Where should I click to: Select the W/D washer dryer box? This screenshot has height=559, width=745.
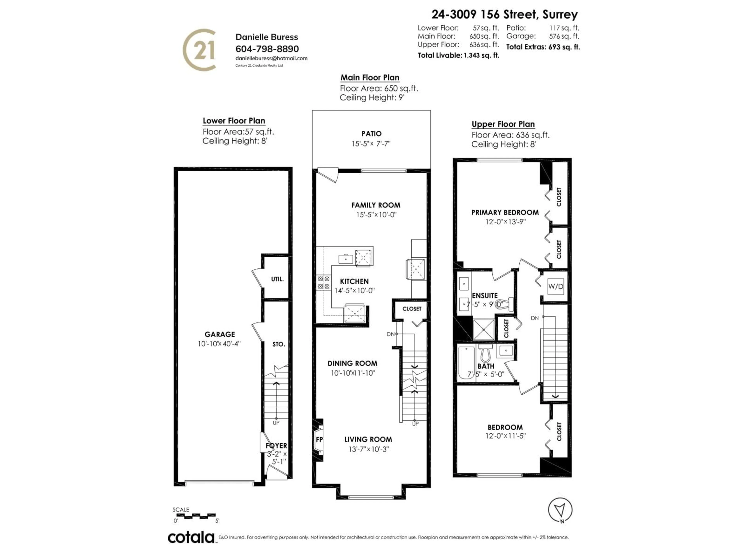click(x=555, y=286)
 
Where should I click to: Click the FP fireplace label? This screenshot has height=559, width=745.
click(x=319, y=439)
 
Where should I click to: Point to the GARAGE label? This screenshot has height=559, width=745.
click(x=220, y=334)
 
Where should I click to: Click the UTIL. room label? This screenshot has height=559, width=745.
click(x=277, y=279)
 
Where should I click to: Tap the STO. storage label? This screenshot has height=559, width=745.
click(x=279, y=344)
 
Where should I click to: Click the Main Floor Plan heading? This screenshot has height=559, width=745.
click(x=370, y=77)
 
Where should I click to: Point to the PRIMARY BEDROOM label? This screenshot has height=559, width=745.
click(x=505, y=212)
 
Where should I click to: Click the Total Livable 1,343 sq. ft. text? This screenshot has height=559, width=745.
click(x=458, y=55)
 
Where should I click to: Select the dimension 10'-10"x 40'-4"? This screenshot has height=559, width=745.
click(x=219, y=344)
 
